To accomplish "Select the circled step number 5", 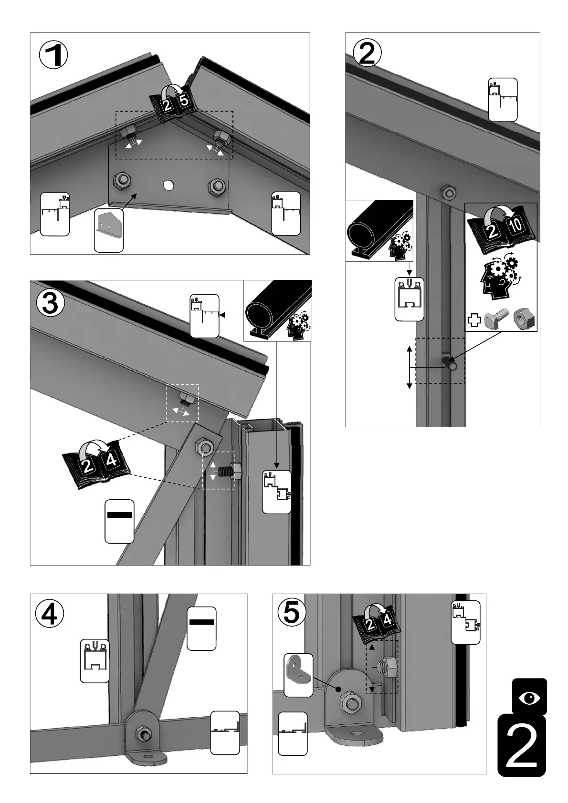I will coord(292,613).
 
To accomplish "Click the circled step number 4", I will coord(49,614).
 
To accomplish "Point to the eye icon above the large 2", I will coord(529,698).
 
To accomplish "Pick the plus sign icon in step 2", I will coord(473,319).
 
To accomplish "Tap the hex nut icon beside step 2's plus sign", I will coord(524,319).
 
